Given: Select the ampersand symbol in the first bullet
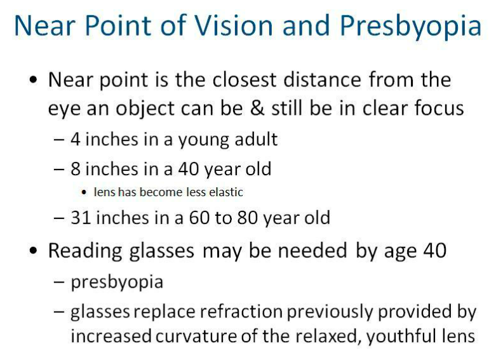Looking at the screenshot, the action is click(x=257, y=108).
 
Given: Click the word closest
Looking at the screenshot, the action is click(x=245, y=79).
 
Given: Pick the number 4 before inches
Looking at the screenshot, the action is click(x=76, y=139).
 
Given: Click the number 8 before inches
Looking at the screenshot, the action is click(x=76, y=169).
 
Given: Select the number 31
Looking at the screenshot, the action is click(x=81, y=218).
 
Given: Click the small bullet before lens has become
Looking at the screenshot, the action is click(x=84, y=192).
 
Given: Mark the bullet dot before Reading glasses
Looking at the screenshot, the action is click(x=33, y=251).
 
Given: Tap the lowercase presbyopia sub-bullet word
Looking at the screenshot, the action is click(x=117, y=282).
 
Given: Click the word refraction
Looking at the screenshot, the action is click(x=241, y=311).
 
